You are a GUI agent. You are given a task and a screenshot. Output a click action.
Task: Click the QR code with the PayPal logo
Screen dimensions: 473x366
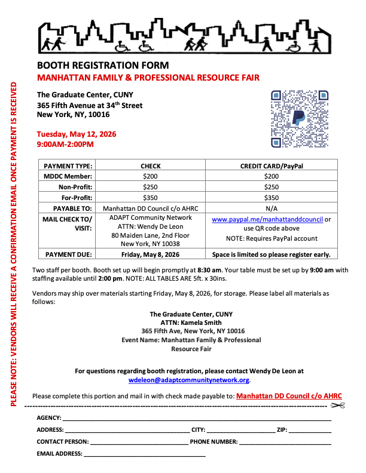pyautogui.click(x=300, y=118)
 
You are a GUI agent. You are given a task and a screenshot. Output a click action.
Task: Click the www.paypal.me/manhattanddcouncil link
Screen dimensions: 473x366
pyautogui.click(x=267, y=219)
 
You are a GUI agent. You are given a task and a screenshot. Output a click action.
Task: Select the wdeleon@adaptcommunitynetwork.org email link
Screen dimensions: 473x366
pyautogui.click(x=190, y=380)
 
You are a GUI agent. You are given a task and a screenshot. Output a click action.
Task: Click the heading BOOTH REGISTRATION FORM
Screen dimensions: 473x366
pyautogui.click(x=103, y=66)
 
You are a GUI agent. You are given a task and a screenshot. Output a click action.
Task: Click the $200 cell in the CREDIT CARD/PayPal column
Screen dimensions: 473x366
pyautogui.click(x=271, y=176)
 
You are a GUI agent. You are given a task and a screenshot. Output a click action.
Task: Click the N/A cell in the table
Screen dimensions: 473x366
pyautogui.click(x=271, y=208)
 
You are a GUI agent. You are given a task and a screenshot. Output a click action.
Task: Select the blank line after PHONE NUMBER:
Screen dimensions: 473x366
pyautogui.click(x=285, y=442)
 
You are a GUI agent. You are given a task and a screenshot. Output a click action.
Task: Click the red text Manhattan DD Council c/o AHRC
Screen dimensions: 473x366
pyautogui.click(x=289, y=395)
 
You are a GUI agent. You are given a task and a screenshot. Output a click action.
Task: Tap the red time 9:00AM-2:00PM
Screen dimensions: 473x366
pyautogui.click(x=65, y=144)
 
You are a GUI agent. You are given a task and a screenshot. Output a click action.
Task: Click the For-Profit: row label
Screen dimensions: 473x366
pyautogui.click(x=76, y=198)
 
